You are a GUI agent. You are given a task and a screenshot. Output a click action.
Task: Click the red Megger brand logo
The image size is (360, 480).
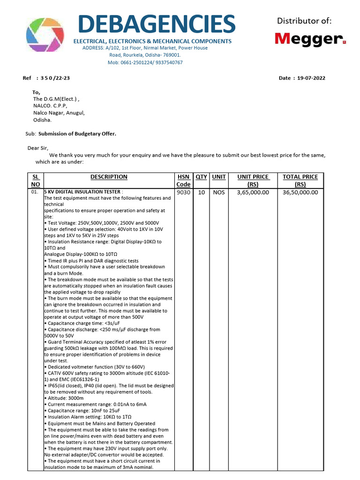[310, 38]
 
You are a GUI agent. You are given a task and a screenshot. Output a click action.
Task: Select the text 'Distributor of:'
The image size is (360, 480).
[304, 21]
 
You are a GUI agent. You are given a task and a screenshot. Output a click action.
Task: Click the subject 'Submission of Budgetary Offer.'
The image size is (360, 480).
[77, 134]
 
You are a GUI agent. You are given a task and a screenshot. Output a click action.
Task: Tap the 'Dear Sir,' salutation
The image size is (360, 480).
[38, 148]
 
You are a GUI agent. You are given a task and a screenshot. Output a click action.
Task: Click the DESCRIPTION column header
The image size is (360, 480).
[109, 177]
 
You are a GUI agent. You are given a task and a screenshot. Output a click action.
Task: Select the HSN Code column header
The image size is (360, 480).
[183, 180]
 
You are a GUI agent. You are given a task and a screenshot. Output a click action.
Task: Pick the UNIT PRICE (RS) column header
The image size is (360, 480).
[253, 180]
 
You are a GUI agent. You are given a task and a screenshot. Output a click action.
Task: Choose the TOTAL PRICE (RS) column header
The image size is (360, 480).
[300, 180]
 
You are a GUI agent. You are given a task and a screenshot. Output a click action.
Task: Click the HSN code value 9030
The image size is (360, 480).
[183, 192]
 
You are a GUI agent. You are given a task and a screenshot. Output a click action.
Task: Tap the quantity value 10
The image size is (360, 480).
[201, 192]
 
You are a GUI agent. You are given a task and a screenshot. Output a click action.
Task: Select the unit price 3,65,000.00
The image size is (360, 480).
[253, 192]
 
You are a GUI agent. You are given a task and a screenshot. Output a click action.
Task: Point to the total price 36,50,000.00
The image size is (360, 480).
[300, 192]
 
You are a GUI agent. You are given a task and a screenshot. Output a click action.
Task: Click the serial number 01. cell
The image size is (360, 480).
[35, 192]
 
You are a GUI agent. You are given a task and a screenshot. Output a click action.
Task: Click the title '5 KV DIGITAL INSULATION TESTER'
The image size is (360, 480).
[82, 192]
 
